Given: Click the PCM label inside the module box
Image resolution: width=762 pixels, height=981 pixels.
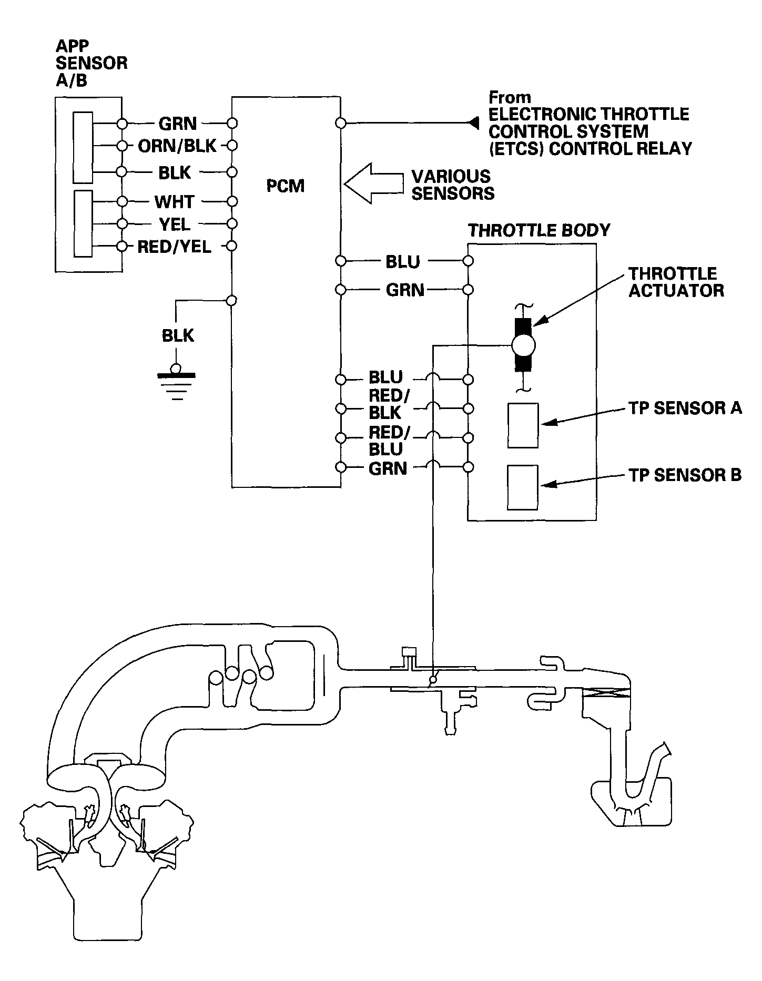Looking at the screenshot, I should pyautogui.click(x=285, y=186).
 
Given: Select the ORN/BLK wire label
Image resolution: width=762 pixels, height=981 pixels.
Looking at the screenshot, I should pyautogui.click(x=177, y=146).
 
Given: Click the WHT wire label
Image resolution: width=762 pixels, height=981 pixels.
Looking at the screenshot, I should pyautogui.click(x=174, y=202).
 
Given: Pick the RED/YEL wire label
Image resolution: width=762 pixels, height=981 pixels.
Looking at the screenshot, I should pyautogui.click(x=174, y=247).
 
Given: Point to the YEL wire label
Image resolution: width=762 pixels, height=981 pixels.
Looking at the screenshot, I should pyautogui.click(x=175, y=224).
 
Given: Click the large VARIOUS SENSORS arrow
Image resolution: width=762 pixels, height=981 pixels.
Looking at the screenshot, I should pyautogui.click(x=372, y=183).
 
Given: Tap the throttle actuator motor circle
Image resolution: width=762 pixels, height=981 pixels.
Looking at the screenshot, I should pyautogui.click(x=523, y=345).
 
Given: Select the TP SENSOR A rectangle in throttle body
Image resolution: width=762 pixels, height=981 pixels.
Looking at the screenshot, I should pyautogui.click(x=523, y=425).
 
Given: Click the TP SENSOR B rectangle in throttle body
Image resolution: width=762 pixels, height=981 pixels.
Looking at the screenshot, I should pyautogui.click(x=523, y=487).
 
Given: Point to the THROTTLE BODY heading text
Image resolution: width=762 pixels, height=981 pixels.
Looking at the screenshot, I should pyautogui.click(x=539, y=230).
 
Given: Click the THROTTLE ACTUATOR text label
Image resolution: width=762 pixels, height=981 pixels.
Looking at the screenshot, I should pyautogui.click(x=676, y=282).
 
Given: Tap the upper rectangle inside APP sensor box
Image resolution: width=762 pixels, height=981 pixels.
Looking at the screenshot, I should pyautogui.click(x=83, y=147).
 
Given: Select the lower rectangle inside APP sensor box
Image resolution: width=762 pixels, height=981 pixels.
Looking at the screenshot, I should pyautogui.click(x=83, y=223).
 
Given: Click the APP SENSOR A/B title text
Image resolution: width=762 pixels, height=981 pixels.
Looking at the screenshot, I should pyautogui.click(x=91, y=63).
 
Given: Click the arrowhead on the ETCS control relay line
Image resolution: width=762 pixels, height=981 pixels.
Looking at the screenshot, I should pyautogui.click(x=473, y=123).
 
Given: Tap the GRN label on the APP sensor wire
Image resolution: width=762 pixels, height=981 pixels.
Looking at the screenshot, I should pyautogui.click(x=177, y=124).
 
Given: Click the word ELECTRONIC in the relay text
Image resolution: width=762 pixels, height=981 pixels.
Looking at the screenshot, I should pyautogui.click(x=543, y=114).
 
